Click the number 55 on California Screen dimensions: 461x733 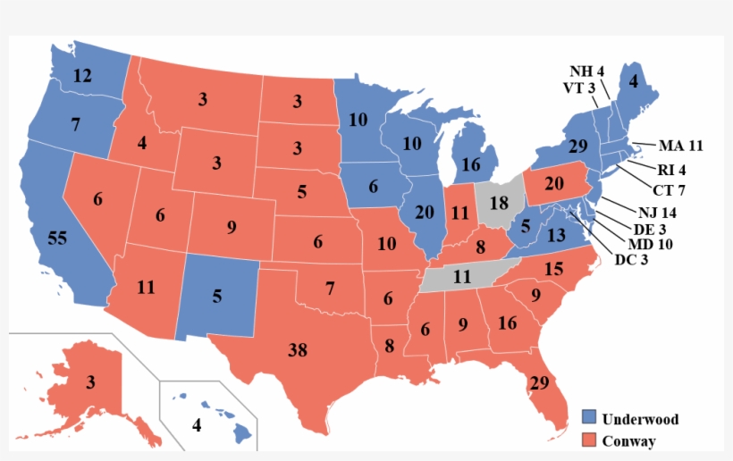[x=57, y=239]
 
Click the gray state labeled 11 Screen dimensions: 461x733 [x=461, y=277]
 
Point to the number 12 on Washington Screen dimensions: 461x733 [x=82, y=77]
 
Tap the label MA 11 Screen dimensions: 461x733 [x=682, y=145]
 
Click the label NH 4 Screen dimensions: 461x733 [x=587, y=71]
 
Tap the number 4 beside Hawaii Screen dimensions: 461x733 [x=197, y=425]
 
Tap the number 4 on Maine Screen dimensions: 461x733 [x=634, y=81]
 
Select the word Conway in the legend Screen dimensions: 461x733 [x=628, y=441]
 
